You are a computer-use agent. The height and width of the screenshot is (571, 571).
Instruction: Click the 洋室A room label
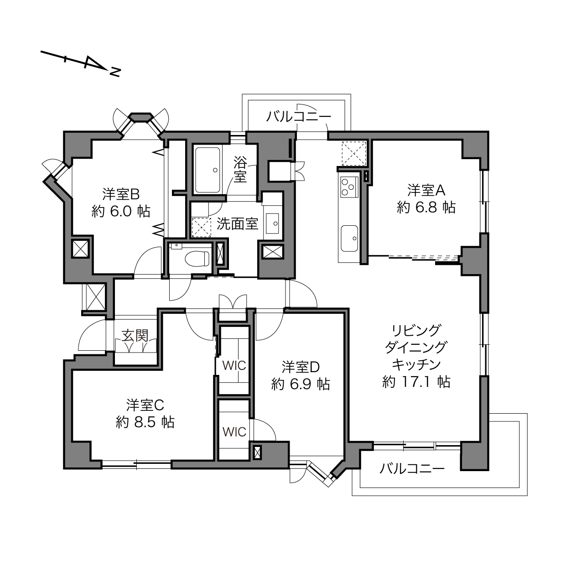tap(426, 190)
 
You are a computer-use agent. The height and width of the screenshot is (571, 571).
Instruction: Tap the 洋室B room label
tap(121, 194)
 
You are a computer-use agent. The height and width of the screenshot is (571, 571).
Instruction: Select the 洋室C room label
tap(145, 405)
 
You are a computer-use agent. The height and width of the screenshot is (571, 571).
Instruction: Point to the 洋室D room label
tap(301, 367)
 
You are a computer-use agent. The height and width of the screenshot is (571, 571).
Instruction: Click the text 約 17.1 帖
tap(416, 382)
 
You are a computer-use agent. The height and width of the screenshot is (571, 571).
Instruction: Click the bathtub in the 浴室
tap(208, 170)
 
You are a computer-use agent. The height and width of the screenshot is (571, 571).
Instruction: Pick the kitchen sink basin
tap(349, 238)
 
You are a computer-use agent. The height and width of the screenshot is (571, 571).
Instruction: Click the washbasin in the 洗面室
tap(272, 223)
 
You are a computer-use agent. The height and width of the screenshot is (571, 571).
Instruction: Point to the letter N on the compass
tap(115, 73)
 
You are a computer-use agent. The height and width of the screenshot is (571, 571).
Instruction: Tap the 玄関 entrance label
tap(135, 336)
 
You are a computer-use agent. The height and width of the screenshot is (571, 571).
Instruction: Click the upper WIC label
tap(234, 366)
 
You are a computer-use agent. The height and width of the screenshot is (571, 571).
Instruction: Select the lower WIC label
tap(234, 432)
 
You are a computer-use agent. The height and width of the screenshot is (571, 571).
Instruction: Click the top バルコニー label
tap(298, 116)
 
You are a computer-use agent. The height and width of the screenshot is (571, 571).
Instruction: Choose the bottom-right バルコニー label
tap(412, 468)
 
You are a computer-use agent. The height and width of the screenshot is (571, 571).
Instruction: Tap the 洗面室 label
tap(237, 224)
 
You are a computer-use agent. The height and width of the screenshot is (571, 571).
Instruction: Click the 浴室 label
tap(240, 169)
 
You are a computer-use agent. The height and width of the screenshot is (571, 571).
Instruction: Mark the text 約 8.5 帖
tap(145, 422)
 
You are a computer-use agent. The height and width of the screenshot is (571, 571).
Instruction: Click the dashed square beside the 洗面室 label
tap(201, 227)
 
